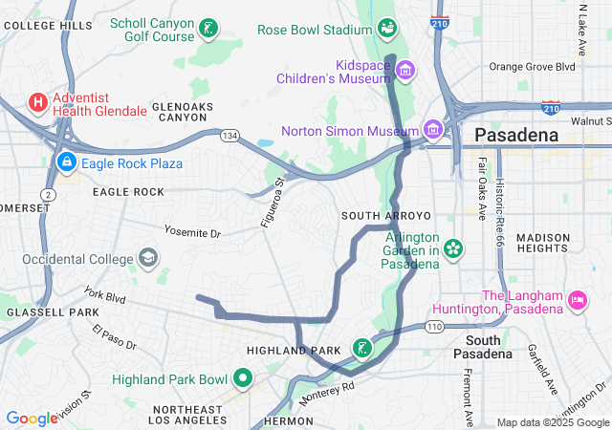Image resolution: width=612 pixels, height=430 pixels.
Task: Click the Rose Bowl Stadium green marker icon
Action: point(387,30)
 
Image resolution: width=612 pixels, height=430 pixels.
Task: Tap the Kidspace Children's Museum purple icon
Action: point(405,70)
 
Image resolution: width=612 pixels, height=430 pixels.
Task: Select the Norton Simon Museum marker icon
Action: point(434,129)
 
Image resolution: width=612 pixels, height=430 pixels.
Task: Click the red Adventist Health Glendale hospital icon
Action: point(38,101)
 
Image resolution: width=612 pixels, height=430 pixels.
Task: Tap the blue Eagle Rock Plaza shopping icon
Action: point(66,163)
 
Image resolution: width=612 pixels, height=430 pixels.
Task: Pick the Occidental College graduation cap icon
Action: point(148,258)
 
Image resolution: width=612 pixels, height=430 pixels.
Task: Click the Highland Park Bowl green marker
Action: point(243,379)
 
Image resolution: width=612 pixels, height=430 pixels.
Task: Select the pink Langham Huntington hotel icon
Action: point(578,300)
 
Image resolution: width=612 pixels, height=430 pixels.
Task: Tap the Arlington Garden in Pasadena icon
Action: point(453,250)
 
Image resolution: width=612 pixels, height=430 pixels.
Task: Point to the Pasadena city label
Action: point(517,136)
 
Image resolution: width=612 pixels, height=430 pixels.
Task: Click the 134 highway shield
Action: point(229,137)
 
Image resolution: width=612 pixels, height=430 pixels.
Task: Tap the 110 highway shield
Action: point(435,327)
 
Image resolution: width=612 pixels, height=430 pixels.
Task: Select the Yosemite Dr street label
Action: point(191,232)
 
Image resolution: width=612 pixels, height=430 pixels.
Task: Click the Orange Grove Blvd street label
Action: point(533,67)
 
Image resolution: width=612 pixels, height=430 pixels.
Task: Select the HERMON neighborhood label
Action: point(288,420)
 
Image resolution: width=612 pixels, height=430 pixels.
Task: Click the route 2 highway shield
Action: point(48,194)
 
